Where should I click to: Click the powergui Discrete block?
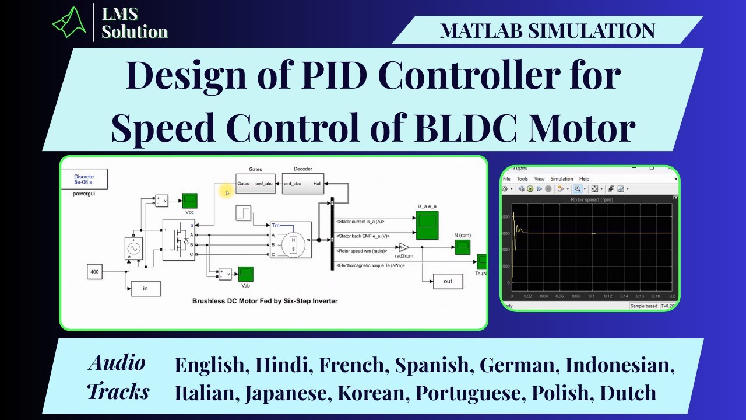click(84, 180)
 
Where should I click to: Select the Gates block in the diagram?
click(255, 183)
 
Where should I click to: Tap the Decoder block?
click(303, 183)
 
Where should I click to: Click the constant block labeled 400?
click(95, 271)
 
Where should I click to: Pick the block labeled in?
click(145, 288)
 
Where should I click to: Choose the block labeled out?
click(448, 281)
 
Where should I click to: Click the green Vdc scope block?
click(189, 201)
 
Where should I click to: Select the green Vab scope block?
click(245, 273)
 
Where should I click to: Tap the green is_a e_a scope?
click(428, 226)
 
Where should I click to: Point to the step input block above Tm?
click(244, 213)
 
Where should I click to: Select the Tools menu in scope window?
click(522, 179)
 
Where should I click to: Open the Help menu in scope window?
click(584, 179)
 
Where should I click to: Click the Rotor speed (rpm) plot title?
click(592, 199)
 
